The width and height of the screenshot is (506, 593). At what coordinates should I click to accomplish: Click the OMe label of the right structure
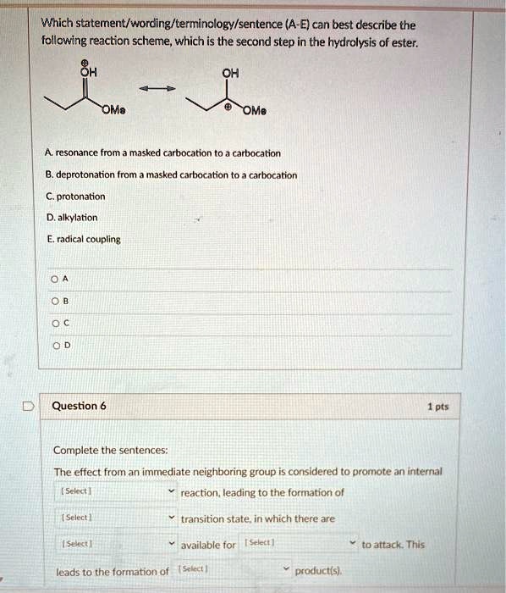[254, 111]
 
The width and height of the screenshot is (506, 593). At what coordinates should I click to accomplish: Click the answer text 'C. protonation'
[77, 197]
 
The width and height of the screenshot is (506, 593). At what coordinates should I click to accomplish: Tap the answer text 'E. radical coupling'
[85, 239]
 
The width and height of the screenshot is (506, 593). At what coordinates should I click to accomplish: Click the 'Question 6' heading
[79, 406]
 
